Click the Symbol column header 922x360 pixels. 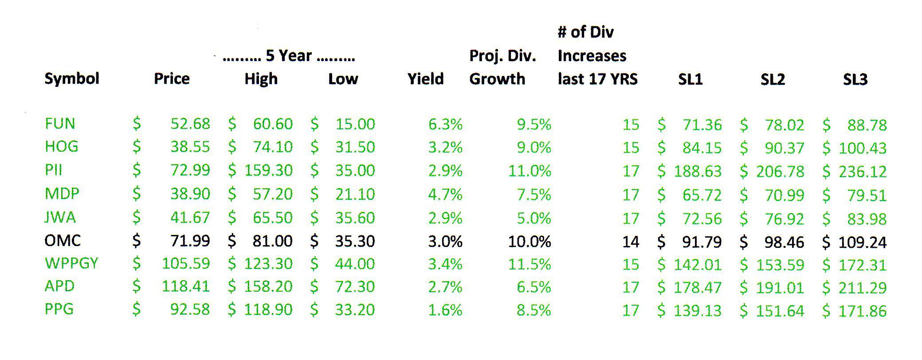[x=71, y=79]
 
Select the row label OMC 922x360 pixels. [x=63, y=241]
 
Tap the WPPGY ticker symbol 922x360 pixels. [x=71, y=263]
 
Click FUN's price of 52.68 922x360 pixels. [x=190, y=124]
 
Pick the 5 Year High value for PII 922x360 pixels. [x=268, y=171]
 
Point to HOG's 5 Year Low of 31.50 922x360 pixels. [x=355, y=147]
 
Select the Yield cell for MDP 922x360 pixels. [x=445, y=194]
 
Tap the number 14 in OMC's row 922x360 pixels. [x=630, y=242]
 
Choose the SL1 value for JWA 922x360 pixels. [x=702, y=219]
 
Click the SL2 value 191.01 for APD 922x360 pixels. [x=780, y=288]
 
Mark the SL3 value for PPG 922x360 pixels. [x=862, y=311]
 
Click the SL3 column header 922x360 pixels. [x=855, y=79]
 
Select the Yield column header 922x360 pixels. [x=425, y=79]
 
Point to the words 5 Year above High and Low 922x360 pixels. [x=289, y=56]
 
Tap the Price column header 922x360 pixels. [x=172, y=79]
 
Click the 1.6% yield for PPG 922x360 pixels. [x=445, y=310]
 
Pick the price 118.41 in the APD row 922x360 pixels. [x=185, y=287]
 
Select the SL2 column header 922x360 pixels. [x=773, y=79]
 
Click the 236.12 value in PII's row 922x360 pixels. [x=862, y=172]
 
